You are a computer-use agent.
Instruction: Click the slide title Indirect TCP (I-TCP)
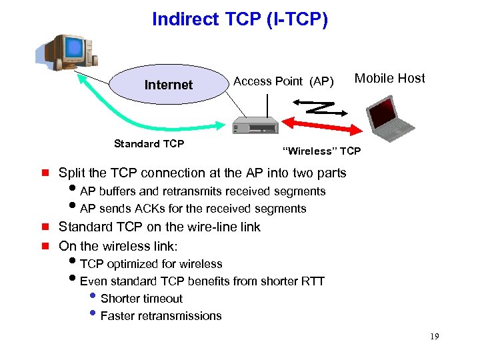[x=240, y=19]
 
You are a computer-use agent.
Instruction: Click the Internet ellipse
[x=169, y=85]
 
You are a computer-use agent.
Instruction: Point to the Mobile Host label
[x=389, y=79]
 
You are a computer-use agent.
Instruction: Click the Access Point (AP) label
[x=283, y=81]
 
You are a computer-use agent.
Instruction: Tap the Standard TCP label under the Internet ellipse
[x=149, y=143]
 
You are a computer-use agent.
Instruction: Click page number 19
[x=435, y=337]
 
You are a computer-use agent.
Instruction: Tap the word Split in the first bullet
[x=71, y=173]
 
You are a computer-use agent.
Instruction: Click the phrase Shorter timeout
[x=141, y=299]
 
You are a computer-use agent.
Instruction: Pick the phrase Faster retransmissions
[x=161, y=316]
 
